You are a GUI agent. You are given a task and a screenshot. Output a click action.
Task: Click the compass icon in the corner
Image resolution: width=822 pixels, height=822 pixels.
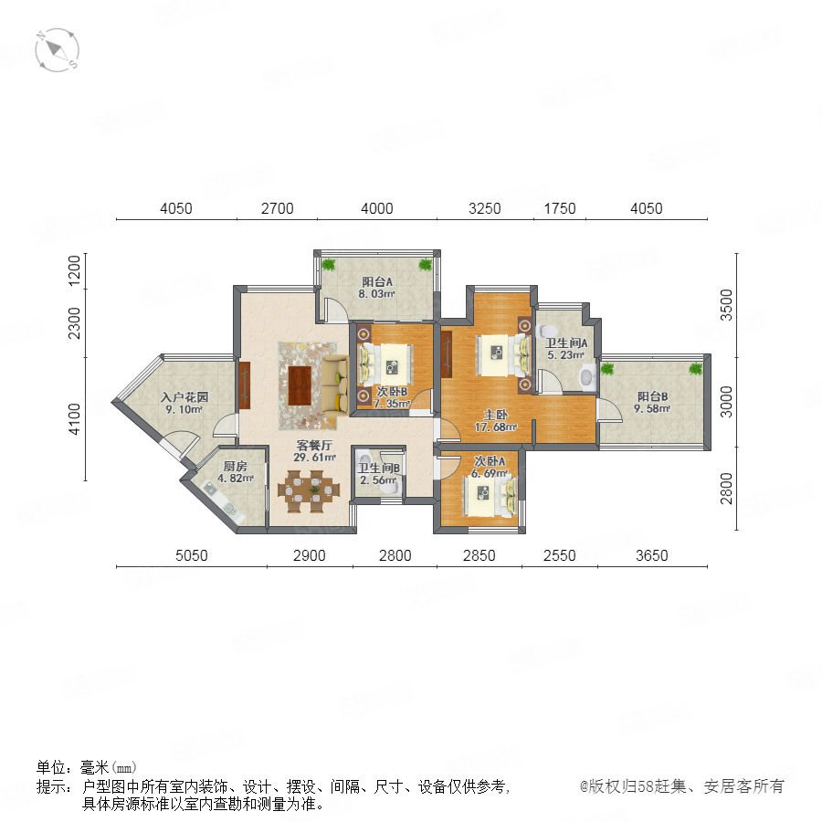(x=58, y=50)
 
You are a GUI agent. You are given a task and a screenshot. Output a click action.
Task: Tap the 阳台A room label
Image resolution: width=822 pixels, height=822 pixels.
(x=377, y=282)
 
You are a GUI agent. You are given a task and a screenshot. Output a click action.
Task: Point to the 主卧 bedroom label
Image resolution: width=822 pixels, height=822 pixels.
(x=495, y=416)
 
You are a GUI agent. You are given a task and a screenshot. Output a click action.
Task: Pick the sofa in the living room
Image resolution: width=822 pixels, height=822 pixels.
(x=335, y=385)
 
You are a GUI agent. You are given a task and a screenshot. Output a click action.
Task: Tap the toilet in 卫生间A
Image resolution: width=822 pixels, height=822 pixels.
(x=548, y=331)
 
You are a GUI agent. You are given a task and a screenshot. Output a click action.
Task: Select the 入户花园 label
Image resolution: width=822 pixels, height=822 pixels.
(x=184, y=397)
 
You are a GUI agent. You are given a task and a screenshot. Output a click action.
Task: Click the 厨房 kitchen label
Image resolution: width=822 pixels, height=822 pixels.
(x=235, y=466)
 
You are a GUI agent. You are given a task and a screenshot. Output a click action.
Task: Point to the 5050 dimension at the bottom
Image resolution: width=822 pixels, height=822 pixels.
(x=192, y=555)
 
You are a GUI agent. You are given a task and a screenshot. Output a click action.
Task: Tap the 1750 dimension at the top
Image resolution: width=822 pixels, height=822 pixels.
(x=559, y=208)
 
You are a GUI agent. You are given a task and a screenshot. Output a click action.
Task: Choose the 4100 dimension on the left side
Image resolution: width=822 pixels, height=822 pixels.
(x=75, y=419)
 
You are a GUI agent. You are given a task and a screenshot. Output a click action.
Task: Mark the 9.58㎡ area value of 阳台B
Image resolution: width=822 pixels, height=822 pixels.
(x=652, y=408)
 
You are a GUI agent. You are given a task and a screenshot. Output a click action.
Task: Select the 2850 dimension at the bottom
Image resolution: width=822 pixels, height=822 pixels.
(x=479, y=555)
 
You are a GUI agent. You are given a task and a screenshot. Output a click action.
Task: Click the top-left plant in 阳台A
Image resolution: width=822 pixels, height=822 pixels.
(x=328, y=264)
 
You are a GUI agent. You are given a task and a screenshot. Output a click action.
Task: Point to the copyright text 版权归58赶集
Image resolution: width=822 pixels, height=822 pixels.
(x=638, y=786)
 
